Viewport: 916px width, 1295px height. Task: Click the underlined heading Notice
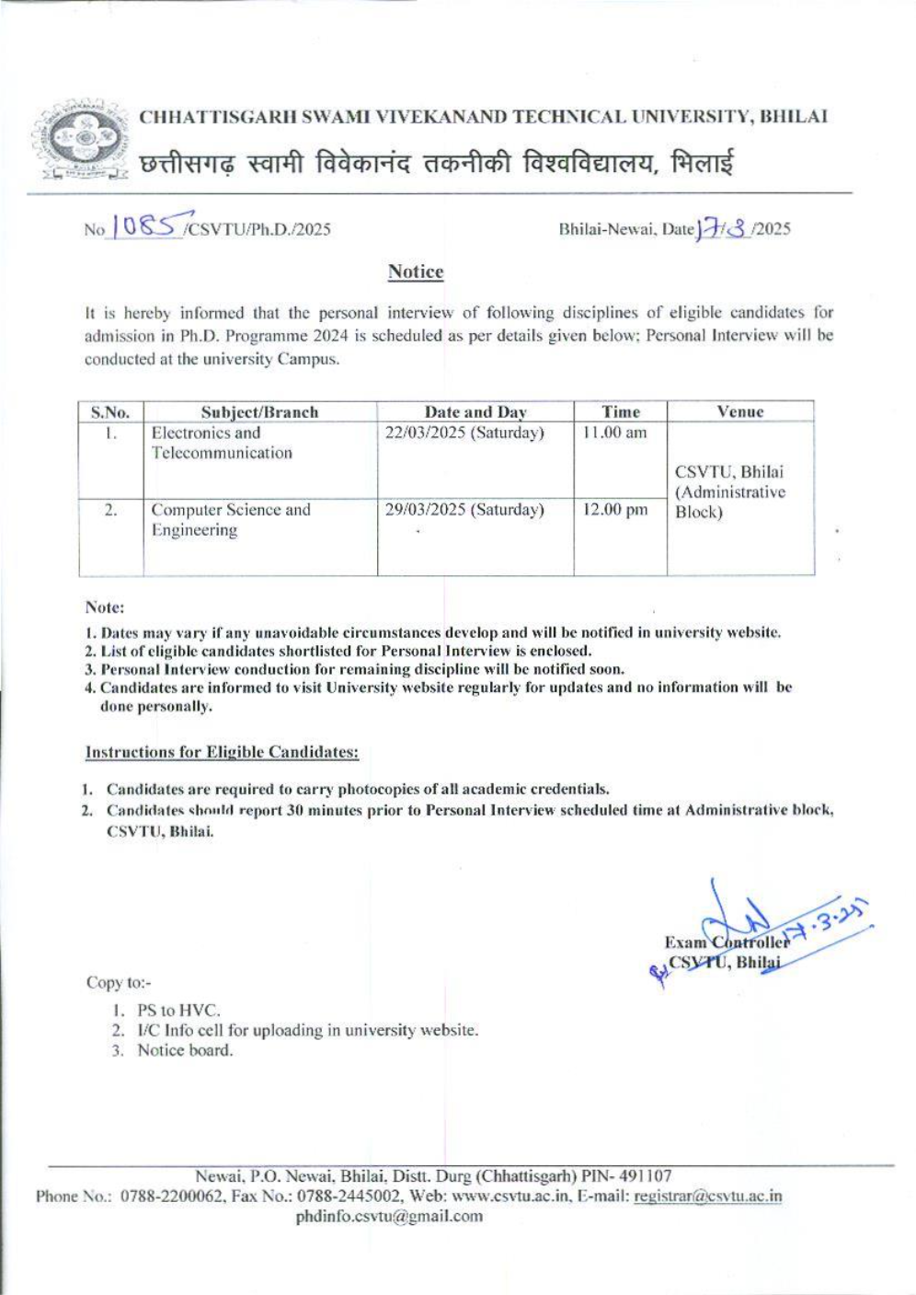416,272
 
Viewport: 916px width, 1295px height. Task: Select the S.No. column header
110,412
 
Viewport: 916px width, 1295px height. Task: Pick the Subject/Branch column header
259,412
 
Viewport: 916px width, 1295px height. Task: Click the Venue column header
740,411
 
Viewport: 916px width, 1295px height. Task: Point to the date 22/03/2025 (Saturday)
464,433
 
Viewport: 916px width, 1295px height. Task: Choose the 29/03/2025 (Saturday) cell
464,510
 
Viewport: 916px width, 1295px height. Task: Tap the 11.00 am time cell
614,433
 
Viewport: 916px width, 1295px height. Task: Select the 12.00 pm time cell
614,510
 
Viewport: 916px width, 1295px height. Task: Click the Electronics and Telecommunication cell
222,443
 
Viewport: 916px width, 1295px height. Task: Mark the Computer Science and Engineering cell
231,520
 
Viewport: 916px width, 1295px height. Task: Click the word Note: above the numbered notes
104,607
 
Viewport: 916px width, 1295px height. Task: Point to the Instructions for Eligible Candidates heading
222,752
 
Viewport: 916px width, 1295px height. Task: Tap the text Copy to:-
119,982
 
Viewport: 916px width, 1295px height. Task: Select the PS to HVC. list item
178,1010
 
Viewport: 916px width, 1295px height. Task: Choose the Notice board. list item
185,1050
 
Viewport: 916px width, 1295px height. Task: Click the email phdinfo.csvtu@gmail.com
389,1216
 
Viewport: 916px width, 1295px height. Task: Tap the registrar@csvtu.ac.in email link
708,1197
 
